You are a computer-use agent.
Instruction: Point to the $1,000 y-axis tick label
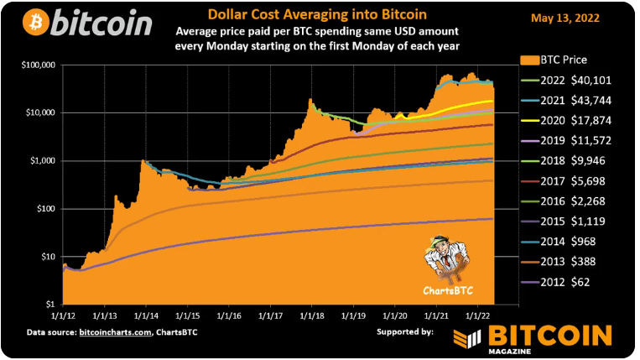[x=41, y=160]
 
